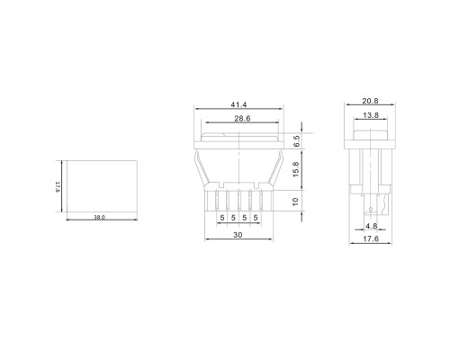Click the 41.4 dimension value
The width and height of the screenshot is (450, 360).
[238, 104]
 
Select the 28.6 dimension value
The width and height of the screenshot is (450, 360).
[242, 119]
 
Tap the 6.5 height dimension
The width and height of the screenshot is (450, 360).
[296, 140]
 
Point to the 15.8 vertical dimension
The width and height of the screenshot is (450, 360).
[296, 169]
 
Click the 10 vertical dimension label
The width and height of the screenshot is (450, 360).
[295, 202]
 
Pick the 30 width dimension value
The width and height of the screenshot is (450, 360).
[238, 235]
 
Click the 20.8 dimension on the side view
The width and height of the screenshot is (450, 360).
[370, 101]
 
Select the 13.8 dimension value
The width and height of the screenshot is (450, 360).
[371, 115]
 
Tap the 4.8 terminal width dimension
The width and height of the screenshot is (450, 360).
[372, 226]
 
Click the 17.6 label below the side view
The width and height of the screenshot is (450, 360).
[371, 238]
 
